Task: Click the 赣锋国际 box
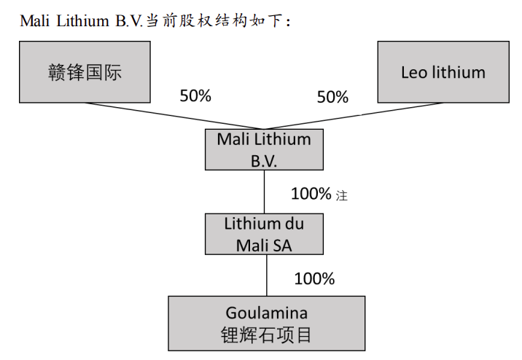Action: [x=85, y=72]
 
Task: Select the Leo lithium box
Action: [x=443, y=72]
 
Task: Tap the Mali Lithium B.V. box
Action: [x=264, y=150]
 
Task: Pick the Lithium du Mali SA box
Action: [x=264, y=234]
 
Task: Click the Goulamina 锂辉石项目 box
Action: [x=267, y=324]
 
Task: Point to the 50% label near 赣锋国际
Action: [x=195, y=95]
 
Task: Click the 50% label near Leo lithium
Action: [x=332, y=97]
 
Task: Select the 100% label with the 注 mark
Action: [x=312, y=194]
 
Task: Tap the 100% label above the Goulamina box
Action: [x=314, y=278]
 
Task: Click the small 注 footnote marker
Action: [x=342, y=195]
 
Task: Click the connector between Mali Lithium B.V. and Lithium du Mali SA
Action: [x=264, y=192]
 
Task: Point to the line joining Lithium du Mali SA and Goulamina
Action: [x=266, y=275]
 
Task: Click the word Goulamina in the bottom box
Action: [x=267, y=313]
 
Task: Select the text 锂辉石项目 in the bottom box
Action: [x=267, y=335]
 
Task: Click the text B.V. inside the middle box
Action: [x=264, y=160]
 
